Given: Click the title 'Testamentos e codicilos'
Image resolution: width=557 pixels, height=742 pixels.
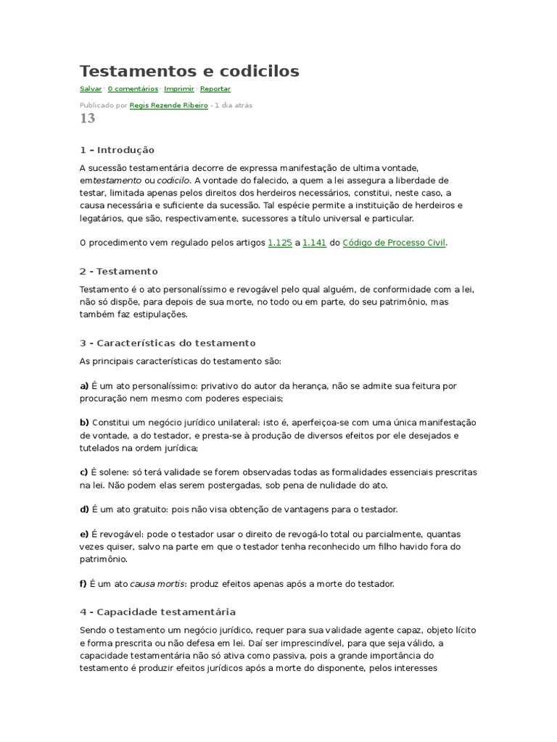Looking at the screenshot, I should (189, 71).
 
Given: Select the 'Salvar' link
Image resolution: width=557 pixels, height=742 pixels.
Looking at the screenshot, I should (91, 89).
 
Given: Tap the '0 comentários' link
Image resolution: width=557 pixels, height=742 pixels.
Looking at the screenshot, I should (133, 89).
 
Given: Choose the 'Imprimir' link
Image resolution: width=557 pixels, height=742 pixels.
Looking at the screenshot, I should (179, 89).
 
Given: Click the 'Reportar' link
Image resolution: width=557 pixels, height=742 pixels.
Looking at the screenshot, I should (215, 89).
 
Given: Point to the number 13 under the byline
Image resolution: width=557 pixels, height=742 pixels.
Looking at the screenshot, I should (87, 119).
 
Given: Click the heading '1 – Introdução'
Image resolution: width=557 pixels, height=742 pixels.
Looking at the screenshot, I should (117, 150).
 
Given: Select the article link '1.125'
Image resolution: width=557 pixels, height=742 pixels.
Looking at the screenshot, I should (280, 243).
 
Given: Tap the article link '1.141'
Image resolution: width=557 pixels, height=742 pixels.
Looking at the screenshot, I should (314, 243).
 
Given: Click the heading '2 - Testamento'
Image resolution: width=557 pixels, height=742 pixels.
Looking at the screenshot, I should (119, 271).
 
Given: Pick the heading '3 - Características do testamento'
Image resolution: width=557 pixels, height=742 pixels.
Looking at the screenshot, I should (168, 343).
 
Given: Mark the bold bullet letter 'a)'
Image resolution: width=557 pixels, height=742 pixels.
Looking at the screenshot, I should (84, 385).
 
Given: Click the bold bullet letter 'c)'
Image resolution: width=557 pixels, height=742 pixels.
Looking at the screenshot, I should (84, 472).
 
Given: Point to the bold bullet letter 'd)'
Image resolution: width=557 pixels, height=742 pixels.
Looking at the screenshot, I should (84, 509).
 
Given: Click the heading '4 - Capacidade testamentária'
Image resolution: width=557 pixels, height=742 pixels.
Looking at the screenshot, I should (157, 612).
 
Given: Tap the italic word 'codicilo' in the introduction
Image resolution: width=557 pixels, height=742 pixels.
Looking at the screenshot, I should (173, 180).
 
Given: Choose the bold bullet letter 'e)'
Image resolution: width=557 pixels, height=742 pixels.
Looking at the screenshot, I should (84, 534).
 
